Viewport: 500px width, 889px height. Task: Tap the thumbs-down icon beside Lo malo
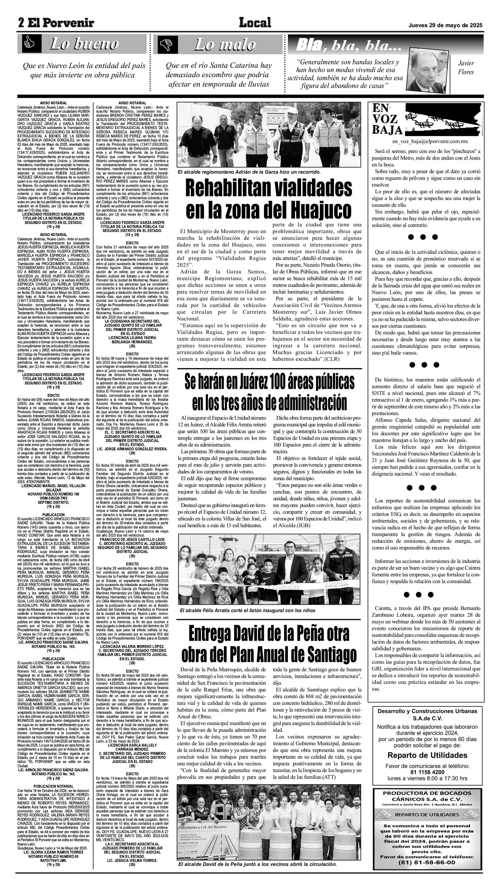(168, 44)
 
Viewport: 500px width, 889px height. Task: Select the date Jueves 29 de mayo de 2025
(445, 26)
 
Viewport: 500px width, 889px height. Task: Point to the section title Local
(255, 23)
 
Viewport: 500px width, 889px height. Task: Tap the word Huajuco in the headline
(321, 210)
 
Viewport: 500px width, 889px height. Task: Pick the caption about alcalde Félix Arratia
(247, 610)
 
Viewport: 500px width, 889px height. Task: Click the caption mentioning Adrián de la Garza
(249, 172)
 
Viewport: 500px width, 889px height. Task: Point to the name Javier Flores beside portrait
(466, 68)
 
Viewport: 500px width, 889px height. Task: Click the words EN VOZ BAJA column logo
(387, 119)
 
